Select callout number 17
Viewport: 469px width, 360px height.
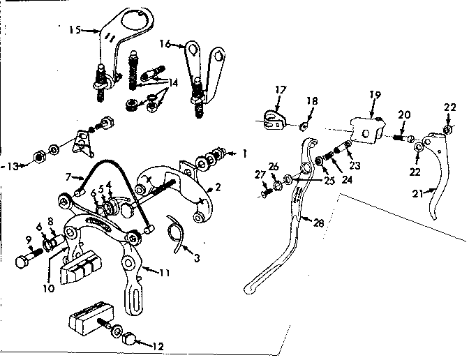[280, 90]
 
